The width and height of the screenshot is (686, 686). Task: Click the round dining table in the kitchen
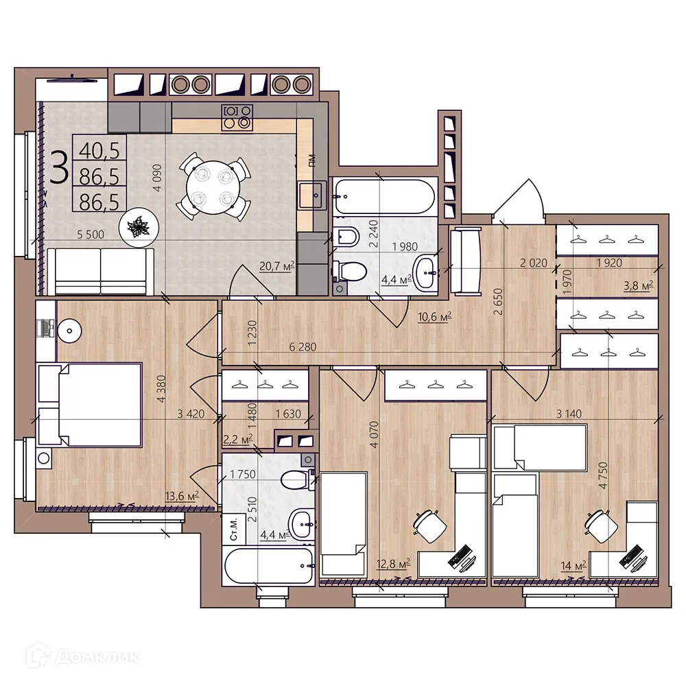213,185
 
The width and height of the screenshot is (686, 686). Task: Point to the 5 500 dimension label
91,234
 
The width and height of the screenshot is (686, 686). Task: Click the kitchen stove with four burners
237,117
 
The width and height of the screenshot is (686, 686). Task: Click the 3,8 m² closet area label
637,285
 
